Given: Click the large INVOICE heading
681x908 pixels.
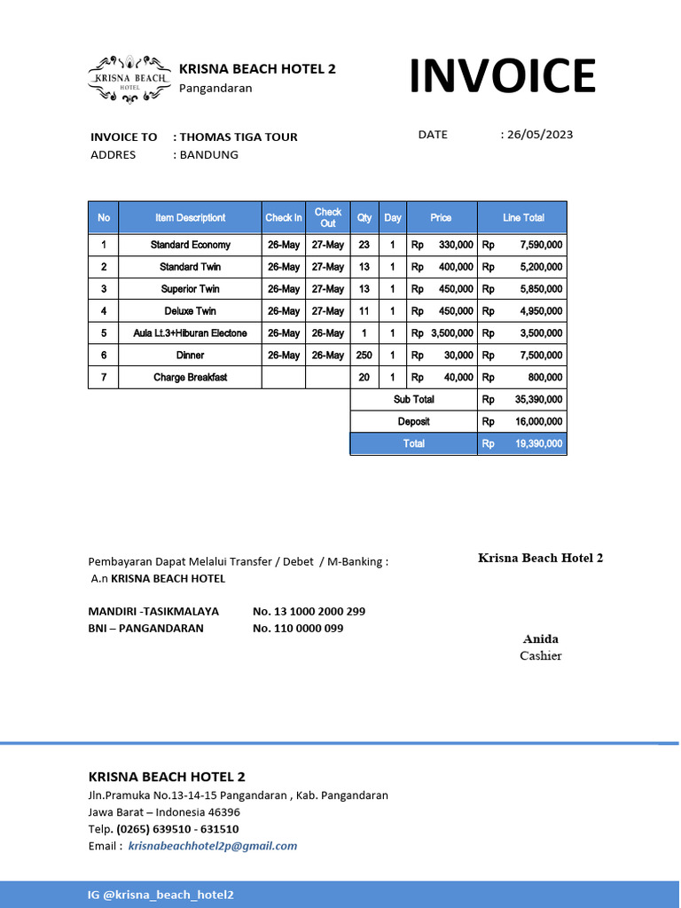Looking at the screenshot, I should (x=502, y=76).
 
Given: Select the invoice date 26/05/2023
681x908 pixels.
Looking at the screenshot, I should (x=540, y=135).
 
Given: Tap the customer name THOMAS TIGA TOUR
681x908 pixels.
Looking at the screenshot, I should (x=239, y=137).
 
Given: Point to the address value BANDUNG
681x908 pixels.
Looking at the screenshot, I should (x=209, y=154).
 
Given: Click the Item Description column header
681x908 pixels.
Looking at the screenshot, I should (x=191, y=217).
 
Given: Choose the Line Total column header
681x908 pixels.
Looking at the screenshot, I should (x=523, y=217).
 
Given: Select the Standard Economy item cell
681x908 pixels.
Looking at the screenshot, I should (x=191, y=245).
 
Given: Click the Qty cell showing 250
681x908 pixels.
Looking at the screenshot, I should (x=364, y=356).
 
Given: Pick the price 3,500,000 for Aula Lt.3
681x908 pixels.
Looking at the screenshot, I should (x=451, y=333).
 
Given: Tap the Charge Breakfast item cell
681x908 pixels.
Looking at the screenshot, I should (x=191, y=378).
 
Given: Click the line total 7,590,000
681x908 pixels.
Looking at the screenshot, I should (x=541, y=245).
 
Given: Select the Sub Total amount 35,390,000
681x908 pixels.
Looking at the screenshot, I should (x=538, y=400).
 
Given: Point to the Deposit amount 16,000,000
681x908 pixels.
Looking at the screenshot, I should (x=538, y=422).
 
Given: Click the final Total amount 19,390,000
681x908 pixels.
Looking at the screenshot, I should (x=538, y=444).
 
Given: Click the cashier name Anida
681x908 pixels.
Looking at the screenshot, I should (x=541, y=639).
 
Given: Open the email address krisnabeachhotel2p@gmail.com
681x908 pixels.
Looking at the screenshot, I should (x=213, y=846).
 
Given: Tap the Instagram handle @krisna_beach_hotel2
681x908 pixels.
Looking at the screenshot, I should (x=168, y=895).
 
